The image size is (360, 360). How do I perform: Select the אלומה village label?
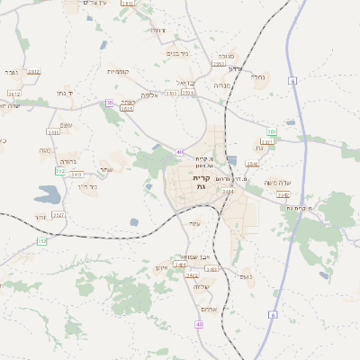coord(149,94)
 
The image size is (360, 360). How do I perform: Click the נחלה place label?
coord(257,77)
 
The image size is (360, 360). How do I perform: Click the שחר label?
coord(106,169)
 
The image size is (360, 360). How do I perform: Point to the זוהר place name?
coord(41,218)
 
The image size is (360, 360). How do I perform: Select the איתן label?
coord(162,268)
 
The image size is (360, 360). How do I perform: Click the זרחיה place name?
coord(157,31)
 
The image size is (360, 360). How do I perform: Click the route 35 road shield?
coord(110,103)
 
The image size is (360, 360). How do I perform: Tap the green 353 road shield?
coord(271,132)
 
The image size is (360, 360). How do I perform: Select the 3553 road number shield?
coord(219,64)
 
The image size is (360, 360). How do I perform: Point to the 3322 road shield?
coord(58,215)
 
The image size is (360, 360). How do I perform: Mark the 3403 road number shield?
coord(53,132)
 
